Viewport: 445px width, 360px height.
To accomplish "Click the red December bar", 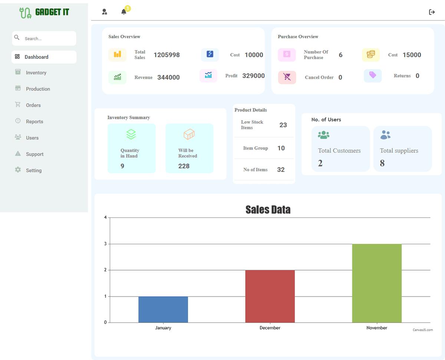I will tap(270, 296).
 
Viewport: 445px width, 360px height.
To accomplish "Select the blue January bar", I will tap(163, 309).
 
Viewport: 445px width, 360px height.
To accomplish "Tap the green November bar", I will tap(377, 283).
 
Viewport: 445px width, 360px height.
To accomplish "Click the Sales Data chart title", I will tap(268, 210).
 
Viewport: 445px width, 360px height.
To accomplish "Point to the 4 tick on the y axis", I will tap(105, 217).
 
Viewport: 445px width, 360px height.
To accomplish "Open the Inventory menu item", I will tap(36, 73).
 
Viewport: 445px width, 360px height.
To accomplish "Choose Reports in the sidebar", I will tap(34, 122).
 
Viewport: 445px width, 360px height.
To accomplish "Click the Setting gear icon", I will tap(18, 170).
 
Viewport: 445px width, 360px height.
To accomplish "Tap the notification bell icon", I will tap(124, 12).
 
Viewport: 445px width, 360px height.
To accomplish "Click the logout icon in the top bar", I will tap(432, 12).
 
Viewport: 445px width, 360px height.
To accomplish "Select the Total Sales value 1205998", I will tap(167, 55).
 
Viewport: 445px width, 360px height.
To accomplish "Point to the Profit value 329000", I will tap(253, 76).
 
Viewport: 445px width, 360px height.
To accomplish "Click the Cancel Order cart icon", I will tap(287, 77).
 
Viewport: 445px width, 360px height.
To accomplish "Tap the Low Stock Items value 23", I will tap(283, 125).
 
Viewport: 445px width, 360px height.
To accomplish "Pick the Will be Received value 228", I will tap(184, 166).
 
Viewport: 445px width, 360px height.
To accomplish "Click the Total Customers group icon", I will tap(324, 135).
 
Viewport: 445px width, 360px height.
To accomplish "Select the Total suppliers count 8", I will tap(382, 163).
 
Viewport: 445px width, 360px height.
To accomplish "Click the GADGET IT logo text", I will tap(52, 12).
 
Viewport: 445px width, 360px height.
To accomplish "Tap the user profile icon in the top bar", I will tap(105, 12).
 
